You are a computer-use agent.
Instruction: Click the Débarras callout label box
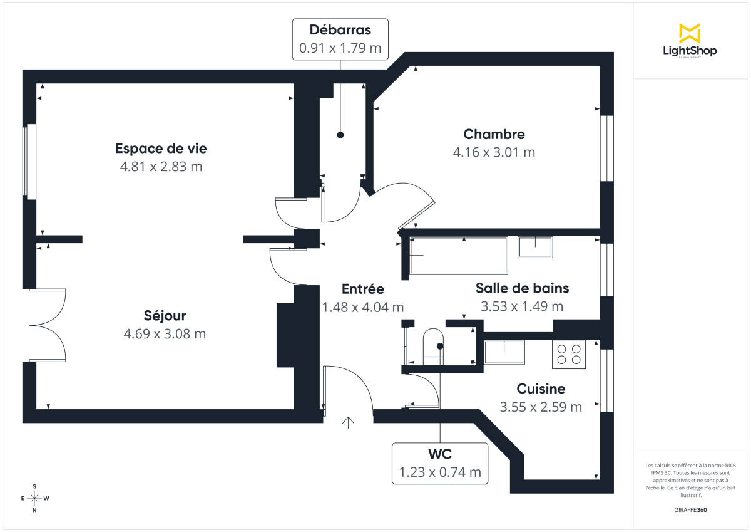click(340, 39)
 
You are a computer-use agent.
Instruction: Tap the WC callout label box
click(440, 463)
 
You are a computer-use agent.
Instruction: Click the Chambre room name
click(494, 134)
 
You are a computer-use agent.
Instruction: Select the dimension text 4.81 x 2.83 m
click(161, 167)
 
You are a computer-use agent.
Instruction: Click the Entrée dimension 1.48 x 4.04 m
click(362, 307)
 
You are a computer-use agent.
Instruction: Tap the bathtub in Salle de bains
click(458, 256)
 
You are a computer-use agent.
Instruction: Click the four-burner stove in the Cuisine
click(569, 355)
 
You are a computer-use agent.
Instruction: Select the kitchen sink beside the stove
click(504, 352)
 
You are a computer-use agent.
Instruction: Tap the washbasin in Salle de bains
click(535, 247)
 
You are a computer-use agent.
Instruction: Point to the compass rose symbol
click(34, 498)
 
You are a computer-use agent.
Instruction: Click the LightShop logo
click(690, 41)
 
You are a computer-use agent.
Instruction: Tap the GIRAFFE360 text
click(690, 510)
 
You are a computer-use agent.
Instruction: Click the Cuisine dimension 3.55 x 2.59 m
click(541, 407)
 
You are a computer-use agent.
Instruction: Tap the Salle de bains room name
click(522, 288)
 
